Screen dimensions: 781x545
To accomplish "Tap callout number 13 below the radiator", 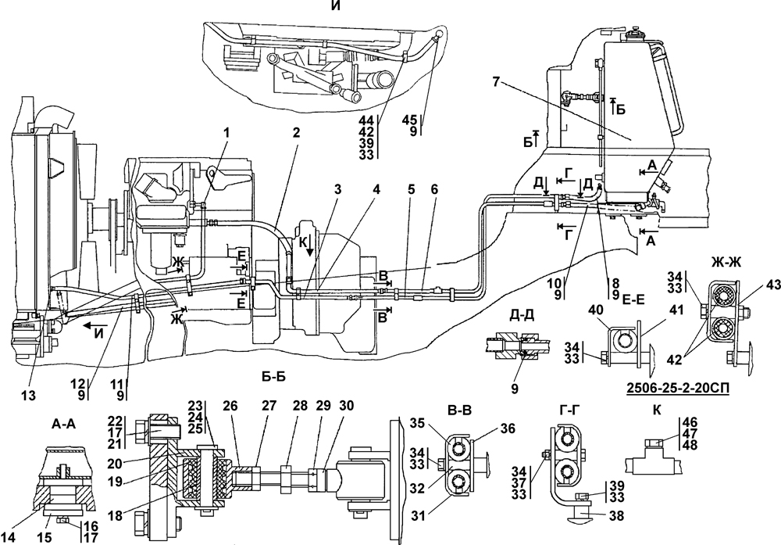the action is tap(29, 396).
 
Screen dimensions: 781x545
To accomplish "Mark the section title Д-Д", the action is tap(522, 315).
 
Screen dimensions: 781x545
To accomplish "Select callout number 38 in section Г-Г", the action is tap(616, 515).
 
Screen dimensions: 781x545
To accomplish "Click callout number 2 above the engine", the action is tap(296, 133).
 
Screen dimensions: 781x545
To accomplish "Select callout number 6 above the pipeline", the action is tap(435, 189).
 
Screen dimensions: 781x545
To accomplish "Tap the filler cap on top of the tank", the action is tap(634, 36).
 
